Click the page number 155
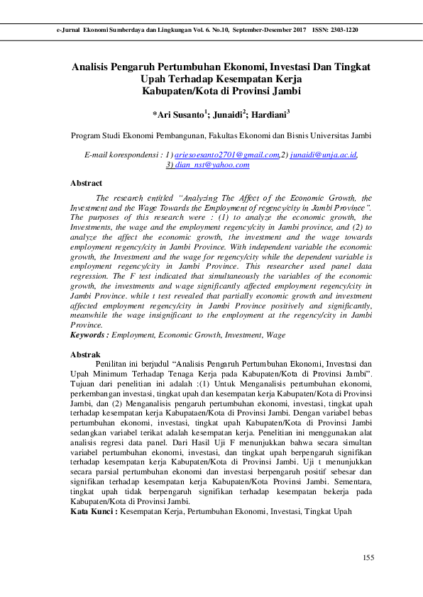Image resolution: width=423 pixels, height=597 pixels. pos(368,559)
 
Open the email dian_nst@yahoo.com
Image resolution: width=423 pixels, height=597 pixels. pos(211,164)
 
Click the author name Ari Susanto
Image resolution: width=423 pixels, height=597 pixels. pos(177,113)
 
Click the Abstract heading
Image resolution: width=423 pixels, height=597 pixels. pos(86,183)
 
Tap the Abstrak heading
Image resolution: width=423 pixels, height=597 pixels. pos(85,353)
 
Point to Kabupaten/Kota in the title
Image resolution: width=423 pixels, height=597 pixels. pos(177,91)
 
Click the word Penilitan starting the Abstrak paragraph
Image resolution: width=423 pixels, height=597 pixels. pos(114,363)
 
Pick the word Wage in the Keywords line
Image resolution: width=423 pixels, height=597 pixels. pos(276,333)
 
